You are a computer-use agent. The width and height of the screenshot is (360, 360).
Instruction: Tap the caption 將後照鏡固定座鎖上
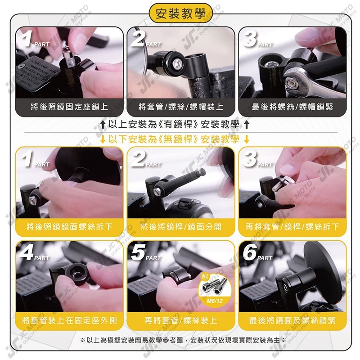click(x=69, y=107)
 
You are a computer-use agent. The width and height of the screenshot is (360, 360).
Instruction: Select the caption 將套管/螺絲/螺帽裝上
click(x=180, y=107)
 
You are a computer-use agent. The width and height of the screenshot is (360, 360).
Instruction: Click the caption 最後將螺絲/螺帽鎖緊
click(x=292, y=107)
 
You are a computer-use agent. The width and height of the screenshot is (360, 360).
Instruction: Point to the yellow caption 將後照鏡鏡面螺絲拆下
click(x=69, y=227)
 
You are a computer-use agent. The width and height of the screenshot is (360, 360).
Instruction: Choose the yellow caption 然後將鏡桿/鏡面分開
click(x=180, y=227)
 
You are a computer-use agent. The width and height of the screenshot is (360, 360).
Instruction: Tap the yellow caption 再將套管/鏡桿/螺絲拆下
click(x=292, y=227)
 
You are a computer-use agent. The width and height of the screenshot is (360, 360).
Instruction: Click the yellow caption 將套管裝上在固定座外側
click(x=69, y=320)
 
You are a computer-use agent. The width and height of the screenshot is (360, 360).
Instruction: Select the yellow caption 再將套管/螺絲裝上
click(x=180, y=320)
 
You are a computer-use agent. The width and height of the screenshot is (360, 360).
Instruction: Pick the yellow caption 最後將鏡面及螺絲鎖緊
click(x=292, y=320)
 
